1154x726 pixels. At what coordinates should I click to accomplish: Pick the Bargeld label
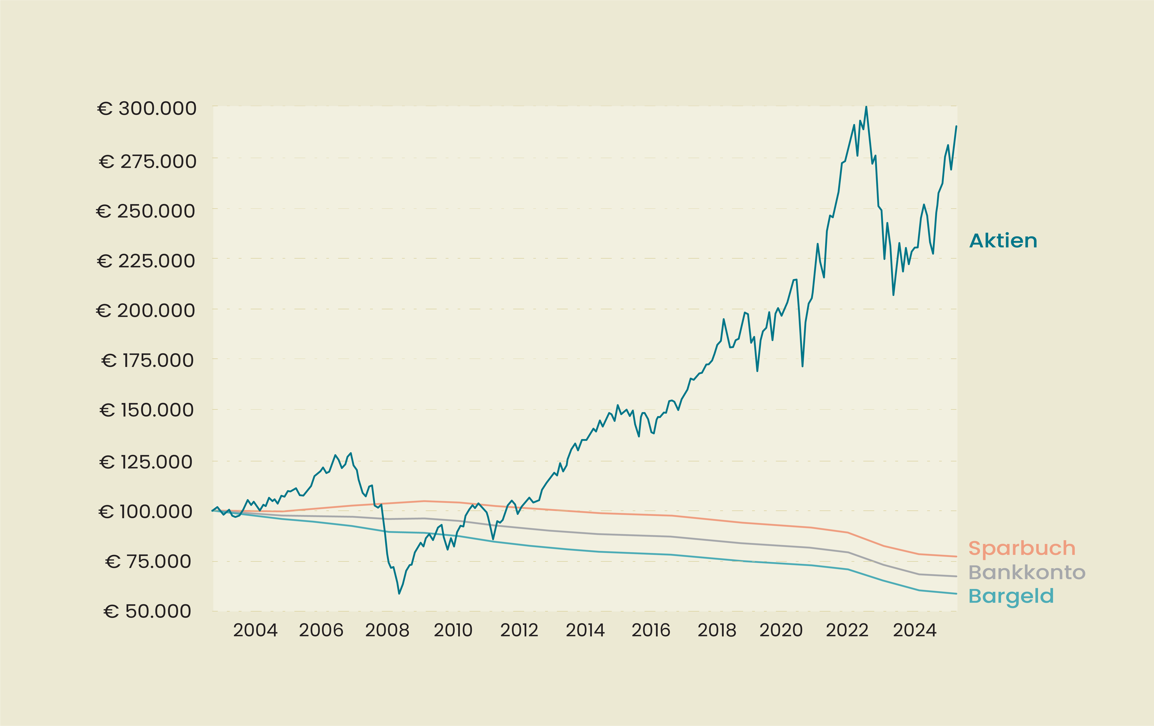coord(1011,596)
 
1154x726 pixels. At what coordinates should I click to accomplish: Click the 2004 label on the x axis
coord(255,630)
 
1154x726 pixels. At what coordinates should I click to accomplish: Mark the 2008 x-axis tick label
coord(387,630)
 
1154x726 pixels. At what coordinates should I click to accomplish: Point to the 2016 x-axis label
coord(651,630)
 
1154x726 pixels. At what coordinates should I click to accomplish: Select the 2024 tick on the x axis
coord(914,630)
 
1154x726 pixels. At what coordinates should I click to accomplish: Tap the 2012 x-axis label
coord(519,630)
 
